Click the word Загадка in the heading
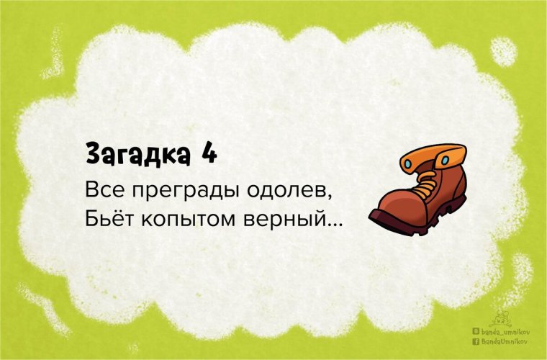pos(133,153)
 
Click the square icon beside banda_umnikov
pos(475,331)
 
